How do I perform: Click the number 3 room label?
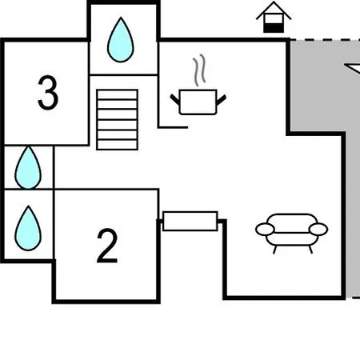coord(48,93)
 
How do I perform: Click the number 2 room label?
coord(107,246)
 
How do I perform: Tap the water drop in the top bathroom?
coord(121,40)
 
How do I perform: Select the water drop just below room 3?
coord(28,167)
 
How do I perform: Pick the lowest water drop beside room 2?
coord(28,228)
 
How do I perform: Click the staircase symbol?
coord(118,120)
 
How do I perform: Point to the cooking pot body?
coord(198,102)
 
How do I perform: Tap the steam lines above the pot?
coord(199,70)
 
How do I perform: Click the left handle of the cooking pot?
coord(175,99)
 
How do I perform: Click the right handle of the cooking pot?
coord(222,100)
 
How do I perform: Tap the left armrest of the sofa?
coord(265,230)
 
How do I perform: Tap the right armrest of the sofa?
coord(318,229)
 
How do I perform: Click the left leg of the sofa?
coord(275,250)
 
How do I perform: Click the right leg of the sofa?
coord(310,250)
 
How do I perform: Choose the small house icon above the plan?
coord(274,17)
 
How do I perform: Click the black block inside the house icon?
coord(274,28)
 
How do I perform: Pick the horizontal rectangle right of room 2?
coord(190,221)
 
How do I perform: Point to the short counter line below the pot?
coord(174,127)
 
